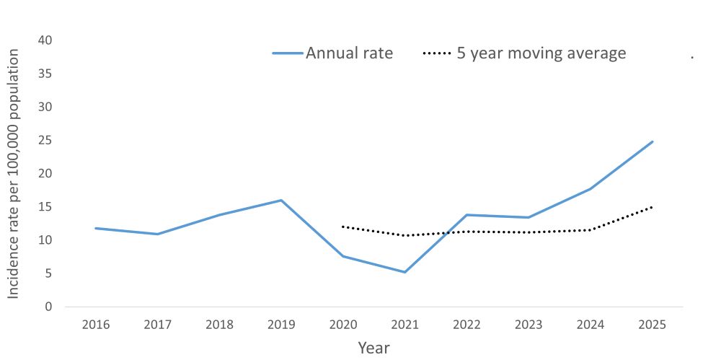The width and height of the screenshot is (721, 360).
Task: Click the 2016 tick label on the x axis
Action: pos(96,325)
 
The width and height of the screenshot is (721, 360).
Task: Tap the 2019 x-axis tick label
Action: pos(281,325)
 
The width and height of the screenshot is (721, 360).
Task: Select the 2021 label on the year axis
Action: pos(404,325)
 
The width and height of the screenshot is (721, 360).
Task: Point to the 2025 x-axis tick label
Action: pos(652,325)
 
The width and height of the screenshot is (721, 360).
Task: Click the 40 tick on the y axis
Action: pos(45,40)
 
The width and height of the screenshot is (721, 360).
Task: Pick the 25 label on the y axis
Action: pos(45,140)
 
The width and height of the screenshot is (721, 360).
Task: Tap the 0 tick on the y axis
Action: pos(49,307)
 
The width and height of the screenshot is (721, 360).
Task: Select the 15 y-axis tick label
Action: pos(45,207)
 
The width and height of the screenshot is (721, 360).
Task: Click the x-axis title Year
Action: pos(373,348)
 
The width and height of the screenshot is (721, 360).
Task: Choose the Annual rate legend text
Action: pos(350,53)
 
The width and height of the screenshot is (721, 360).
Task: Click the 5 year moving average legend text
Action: pos(541,53)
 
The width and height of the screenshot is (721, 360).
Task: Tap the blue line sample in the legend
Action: pos(288,53)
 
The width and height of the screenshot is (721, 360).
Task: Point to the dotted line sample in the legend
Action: pos(438,53)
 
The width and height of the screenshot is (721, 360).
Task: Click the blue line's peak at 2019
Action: pos(281,200)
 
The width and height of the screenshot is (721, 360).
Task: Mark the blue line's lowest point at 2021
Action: pos(404,272)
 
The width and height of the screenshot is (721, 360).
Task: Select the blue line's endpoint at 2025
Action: pos(653,141)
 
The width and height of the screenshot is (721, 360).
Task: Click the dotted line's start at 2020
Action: pos(342,227)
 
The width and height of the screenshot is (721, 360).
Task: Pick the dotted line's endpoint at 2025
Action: pos(653,207)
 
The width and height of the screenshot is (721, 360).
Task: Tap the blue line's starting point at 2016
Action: pos(96,228)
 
